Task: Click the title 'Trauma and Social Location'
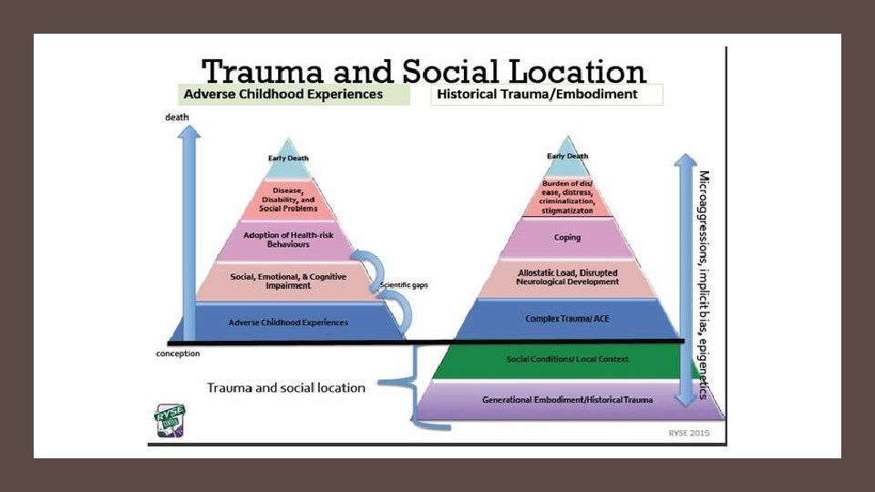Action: (424, 71)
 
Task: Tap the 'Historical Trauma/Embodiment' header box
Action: (548, 95)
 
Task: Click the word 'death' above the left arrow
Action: (177, 118)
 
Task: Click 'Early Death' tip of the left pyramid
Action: (288, 158)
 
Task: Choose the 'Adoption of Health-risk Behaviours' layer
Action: (288, 241)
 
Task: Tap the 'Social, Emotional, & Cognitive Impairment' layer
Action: (288, 281)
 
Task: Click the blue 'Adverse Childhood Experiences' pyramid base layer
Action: (288, 322)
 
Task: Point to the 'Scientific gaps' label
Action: (403, 286)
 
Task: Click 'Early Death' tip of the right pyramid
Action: (567, 156)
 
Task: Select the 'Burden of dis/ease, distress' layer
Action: (567, 197)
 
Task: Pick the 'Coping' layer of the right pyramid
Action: (567, 238)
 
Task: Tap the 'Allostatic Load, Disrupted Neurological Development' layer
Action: (567, 277)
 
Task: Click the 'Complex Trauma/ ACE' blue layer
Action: (567, 318)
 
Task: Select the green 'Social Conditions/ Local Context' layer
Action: (567, 359)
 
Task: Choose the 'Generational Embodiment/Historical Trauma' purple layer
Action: (567, 399)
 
